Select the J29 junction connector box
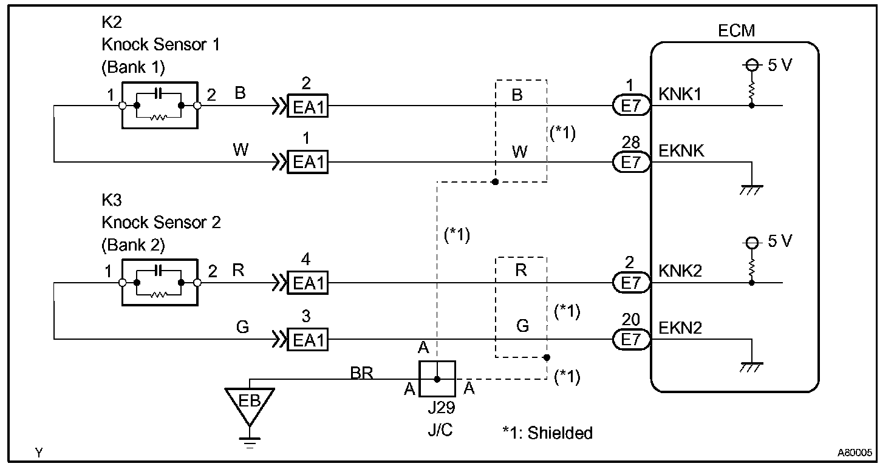point(437,379)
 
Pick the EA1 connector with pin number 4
point(307,283)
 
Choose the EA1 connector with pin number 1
point(307,162)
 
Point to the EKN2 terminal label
point(680,328)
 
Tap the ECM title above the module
point(736,31)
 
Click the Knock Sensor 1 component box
point(160,105)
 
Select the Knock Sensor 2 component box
point(160,283)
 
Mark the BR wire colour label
point(361,373)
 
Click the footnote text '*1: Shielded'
point(547,433)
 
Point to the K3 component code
point(112,201)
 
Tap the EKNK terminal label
point(681,150)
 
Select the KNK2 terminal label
point(680,271)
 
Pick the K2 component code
point(112,23)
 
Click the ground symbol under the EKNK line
point(752,189)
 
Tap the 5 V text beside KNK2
point(780,241)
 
